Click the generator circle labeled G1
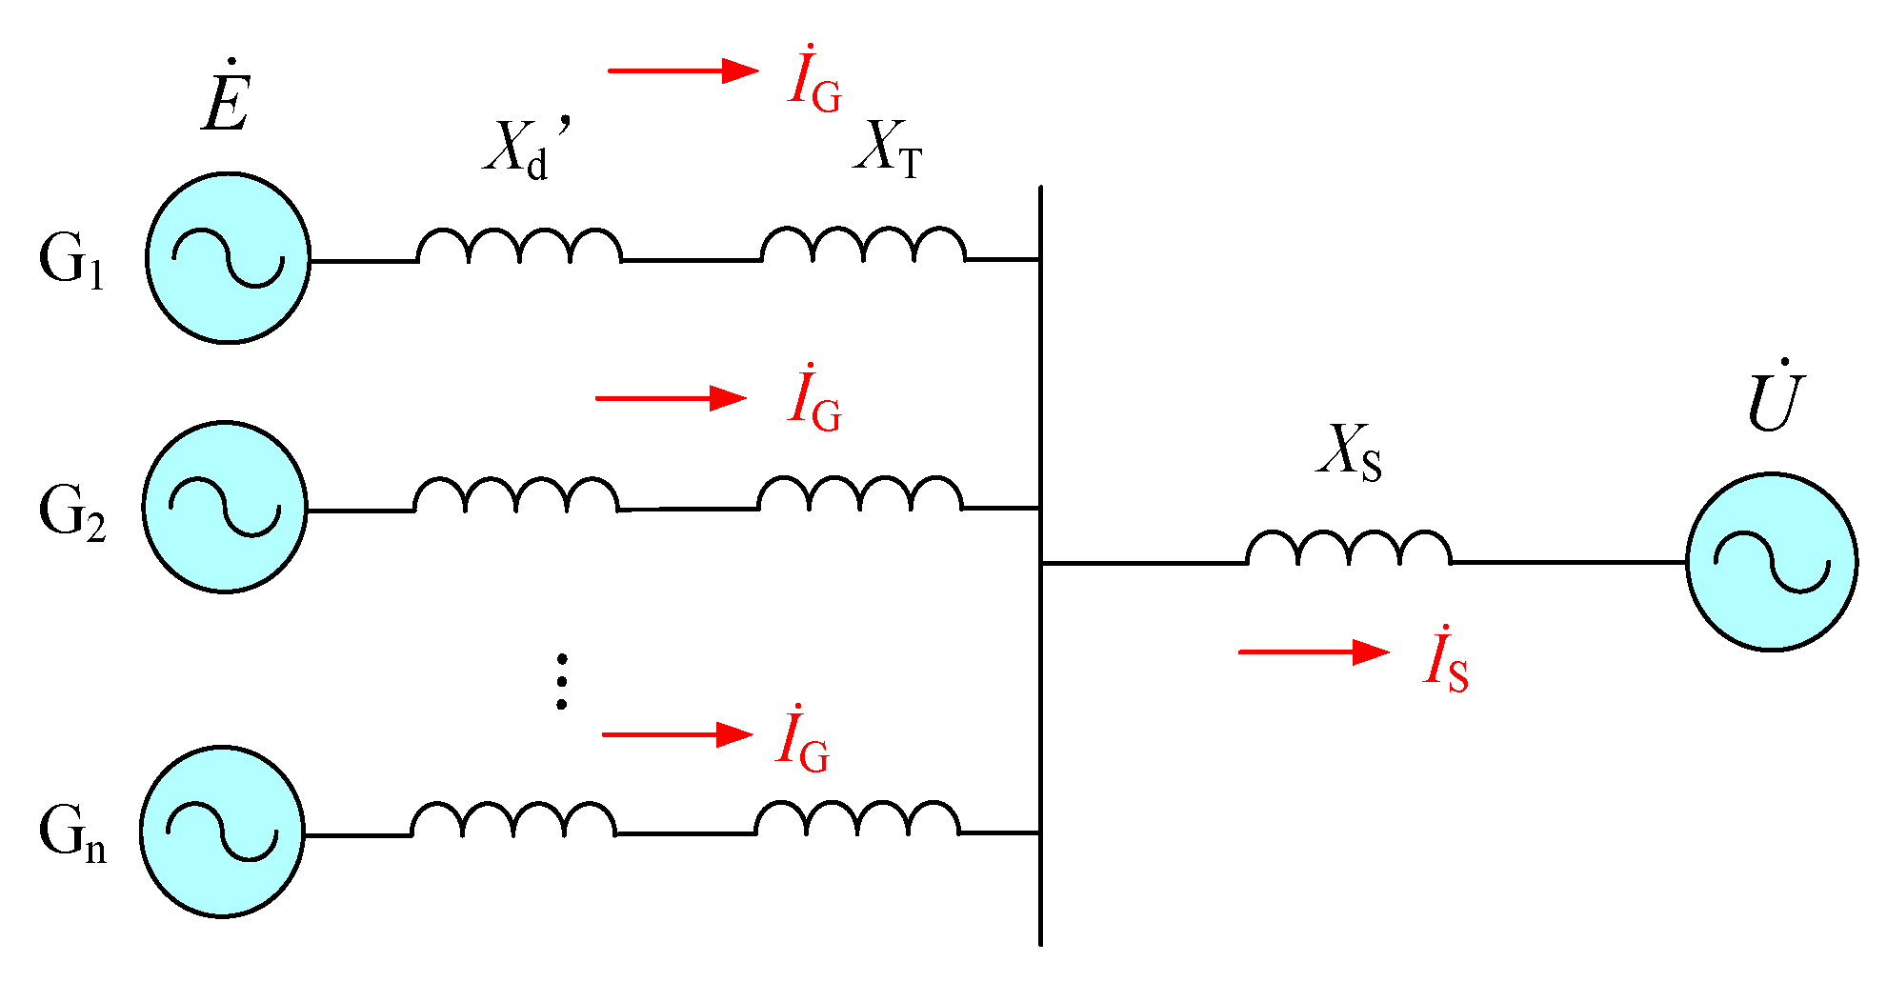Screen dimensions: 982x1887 pyautogui.click(x=229, y=258)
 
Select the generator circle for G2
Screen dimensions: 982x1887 pyautogui.click(x=225, y=507)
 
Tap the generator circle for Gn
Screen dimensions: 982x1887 pyautogui.click(x=222, y=832)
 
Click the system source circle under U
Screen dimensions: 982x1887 pyautogui.click(x=1772, y=562)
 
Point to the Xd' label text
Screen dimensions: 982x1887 pyautogui.click(x=524, y=148)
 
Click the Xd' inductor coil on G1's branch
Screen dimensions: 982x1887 pyautogui.click(x=519, y=246)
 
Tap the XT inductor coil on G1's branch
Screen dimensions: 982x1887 pyautogui.click(x=863, y=245)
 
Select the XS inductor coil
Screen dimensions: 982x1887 pyautogui.click(x=1349, y=549)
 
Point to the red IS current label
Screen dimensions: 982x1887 pyautogui.click(x=1446, y=659)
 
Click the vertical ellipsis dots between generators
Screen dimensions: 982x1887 pyautogui.click(x=562, y=681)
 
